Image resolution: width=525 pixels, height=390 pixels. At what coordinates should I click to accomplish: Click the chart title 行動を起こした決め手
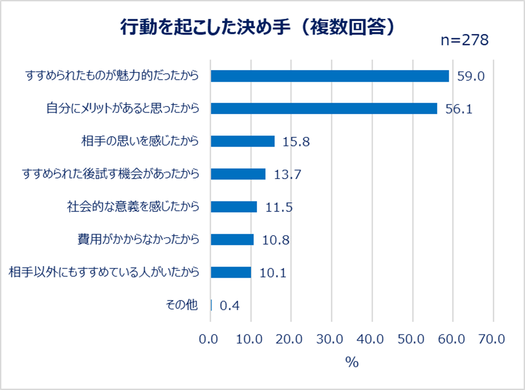pyautogui.click(x=257, y=27)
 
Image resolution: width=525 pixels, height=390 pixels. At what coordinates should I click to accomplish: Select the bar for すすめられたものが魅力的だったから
pyautogui.click(x=330, y=76)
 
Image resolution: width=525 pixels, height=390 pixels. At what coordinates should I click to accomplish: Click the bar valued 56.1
pyautogui.click(x=324, y=109)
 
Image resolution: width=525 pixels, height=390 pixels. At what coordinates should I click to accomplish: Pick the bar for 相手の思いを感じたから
pyautogui.click(x=243, y=141)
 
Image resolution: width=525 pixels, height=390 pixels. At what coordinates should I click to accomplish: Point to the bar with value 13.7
pyautogui.click(x=238, y=174)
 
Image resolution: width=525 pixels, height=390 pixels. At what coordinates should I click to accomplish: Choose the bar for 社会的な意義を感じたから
pyautogui.click(x=234, y=207)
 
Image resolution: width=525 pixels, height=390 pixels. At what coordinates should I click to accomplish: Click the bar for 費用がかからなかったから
pyautogui.click(x=232, y=240)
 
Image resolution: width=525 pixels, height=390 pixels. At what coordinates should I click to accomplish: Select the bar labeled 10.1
pyautogui.click(x=231, y=272)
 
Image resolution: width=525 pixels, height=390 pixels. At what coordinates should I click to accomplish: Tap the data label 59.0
pyautogui.click(x=471, y=77)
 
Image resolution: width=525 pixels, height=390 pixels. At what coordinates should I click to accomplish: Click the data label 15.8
pyautogui.click(x=296, y=142)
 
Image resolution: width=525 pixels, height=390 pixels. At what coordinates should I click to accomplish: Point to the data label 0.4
pyautogui.click(x=229, y=306)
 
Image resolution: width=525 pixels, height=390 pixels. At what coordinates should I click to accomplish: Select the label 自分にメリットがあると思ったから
pyautogui.click(x=122, y=109)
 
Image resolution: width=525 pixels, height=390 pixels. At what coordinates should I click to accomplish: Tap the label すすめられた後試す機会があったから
pyautogui.click(x=110, y=174)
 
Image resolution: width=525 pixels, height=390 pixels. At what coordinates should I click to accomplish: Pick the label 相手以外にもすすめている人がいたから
pyautogui.click(x=104, y=272)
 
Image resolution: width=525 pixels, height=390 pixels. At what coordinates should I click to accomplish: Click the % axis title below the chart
pyautogui.click(x=352, y=362)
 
